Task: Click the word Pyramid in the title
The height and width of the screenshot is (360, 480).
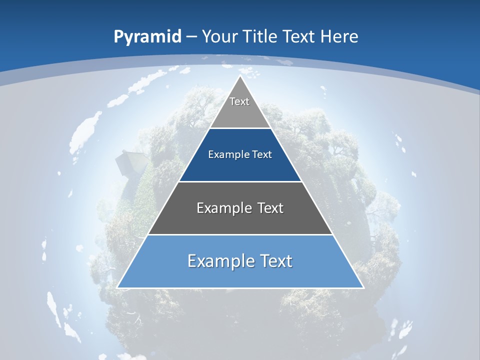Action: [147, 37]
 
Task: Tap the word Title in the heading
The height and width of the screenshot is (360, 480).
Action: [262, 37]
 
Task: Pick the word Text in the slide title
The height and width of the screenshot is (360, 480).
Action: [300, 37]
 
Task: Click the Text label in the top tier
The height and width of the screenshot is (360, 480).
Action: [239, 101]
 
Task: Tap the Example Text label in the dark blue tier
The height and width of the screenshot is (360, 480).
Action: [240, 154]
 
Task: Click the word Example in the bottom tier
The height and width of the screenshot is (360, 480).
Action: [219, 261]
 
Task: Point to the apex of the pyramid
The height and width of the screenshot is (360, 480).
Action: [240, 77]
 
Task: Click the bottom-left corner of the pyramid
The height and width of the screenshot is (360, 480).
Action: [118, 287]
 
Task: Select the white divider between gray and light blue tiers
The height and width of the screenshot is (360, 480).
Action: [240, 234]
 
